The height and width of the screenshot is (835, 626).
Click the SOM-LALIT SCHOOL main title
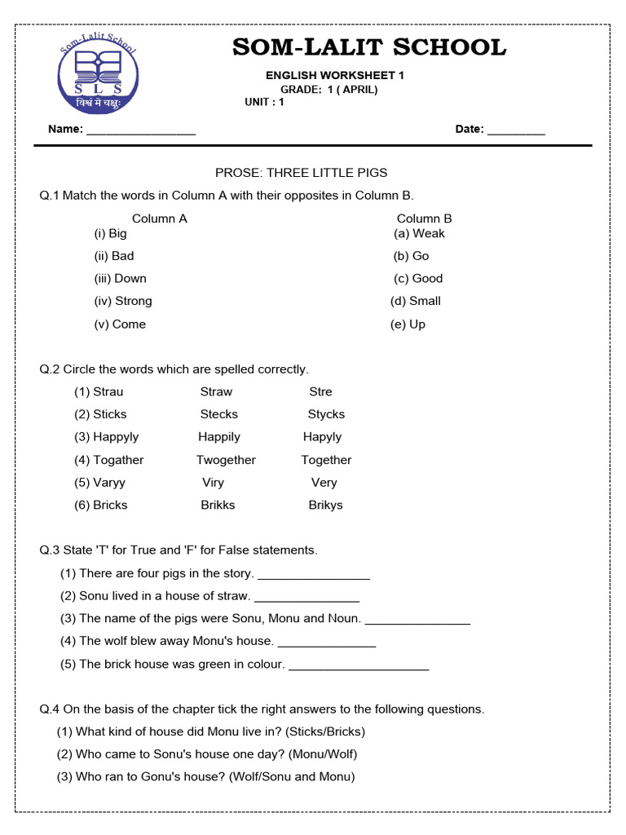pyautogui.click(x=369, y=47)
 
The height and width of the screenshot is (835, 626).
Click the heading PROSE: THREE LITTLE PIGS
pyautogui.click(x=301, y=173)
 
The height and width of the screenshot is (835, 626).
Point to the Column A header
pyautogui.click(x=160, y=219)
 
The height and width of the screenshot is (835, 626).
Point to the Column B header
pyautogui.click(x=424, y=219)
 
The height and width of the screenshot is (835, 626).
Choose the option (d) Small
pyautogui.click(x=416, y=301)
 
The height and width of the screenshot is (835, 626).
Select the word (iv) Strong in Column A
pyautogui.click(x=123, y=301)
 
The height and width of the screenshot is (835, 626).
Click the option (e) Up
pyautogui.click(x=409, y=324)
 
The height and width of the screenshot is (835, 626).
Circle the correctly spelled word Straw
pyautogui.click(x=216, y=391)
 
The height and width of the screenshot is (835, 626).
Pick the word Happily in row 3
pyautogui.click(x=219, y=437)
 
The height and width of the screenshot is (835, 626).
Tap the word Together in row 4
pyautogui.click(x=326, y=460)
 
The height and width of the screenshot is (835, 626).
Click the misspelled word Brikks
pyautogui.click(x=218, y=505)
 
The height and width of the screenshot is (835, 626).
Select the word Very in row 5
pyautogui.click(x=324, y=483)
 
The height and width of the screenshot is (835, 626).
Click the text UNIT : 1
pyautogui.click(x=264, y=102)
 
